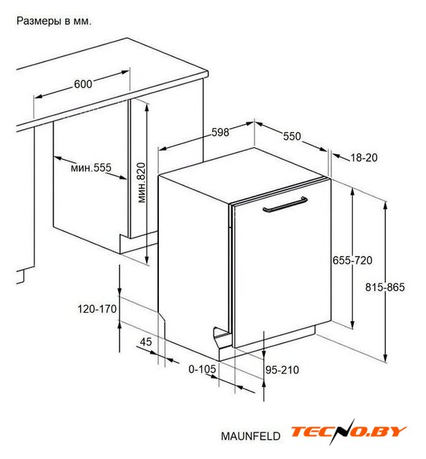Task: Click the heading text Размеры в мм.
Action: pyautogui.click(x=54, y=21)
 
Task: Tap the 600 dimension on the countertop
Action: pyautogui.click(x=83, y=84)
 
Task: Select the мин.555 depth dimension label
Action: pyautogui.click(x=91, y=168)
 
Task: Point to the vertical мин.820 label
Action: pyautogui.click(x=142, y=183)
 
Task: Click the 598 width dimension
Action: pyautogui.click(x=220, y=132)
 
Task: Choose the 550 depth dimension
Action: pyautogui.click(x=292, y=136)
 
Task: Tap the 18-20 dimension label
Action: pyautogui.click(x=364, y=158)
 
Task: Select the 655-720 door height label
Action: pyautogui.click(x=352, y=260)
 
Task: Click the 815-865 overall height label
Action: pyautogui.click(x=385, y=287)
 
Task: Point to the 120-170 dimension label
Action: pyautogui.click(x=97, y=309)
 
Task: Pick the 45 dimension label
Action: pyautogui.click(x=146, y=341)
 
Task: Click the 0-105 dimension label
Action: pyautogui.click(x=202, y=369)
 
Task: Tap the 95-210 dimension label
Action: pyautogui.click(x=282, y=370)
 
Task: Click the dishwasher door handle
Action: pyautogui.click(x=284, y=204)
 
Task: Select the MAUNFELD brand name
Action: pyautogui.click(x=251, y=436)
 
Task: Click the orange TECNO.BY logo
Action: pyautogui.click(x=349, y=432)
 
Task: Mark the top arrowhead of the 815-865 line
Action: pyautogui.click(x=385, y=202)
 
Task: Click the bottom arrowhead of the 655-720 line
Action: pyautogui.click(x=352, y=328)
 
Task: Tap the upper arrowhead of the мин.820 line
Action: pyautogui.click(x=147, y=103)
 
